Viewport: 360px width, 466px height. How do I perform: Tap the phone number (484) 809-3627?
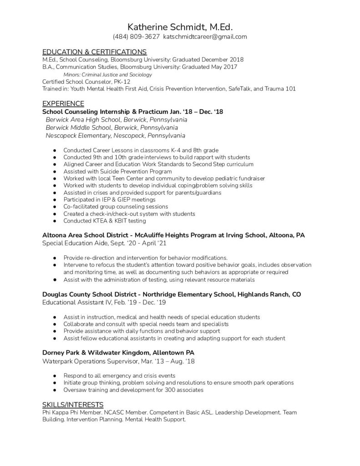click(x=136, y=37)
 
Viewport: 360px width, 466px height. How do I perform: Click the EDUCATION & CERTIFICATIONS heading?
click(x=94, y=52)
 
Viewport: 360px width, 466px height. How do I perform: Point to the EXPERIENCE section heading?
click(x=63, y=104)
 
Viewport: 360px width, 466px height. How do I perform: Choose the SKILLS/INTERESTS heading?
click(x=73, y=405)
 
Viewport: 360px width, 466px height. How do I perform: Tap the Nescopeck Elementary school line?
click(x=115, y=136)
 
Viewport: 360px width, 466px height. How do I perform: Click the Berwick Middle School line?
click(x=112, y=127)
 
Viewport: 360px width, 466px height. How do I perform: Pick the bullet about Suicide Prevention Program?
click(x=117, y=172)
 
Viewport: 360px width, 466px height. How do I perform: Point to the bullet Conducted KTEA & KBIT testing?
click(x=105, y=221)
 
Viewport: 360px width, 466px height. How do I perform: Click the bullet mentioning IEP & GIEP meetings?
click(x=109, y=200)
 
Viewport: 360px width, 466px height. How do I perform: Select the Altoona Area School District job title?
click(x=173, y=235)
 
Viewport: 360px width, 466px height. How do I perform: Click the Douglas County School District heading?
click(x=171, y=294)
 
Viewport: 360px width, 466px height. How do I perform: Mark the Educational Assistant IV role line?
click(x=96, y=303)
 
